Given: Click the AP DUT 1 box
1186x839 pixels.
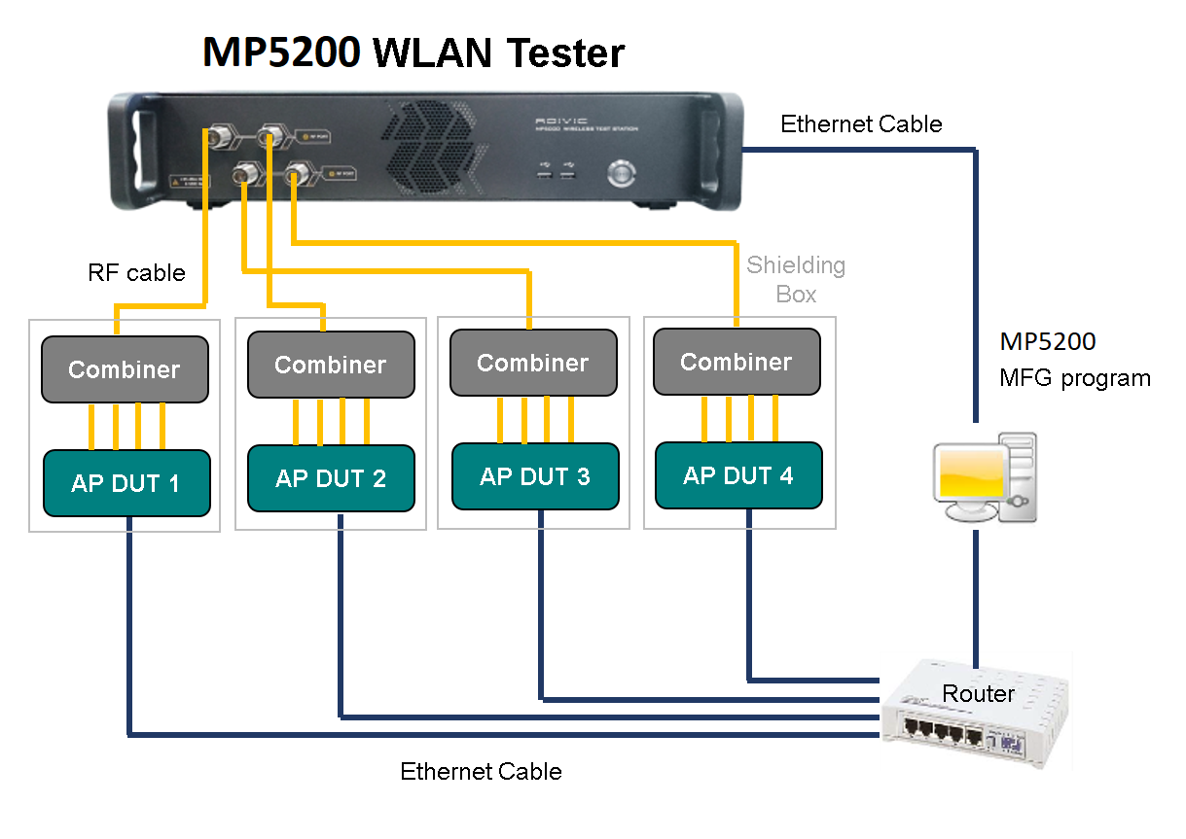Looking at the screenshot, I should (126, 482).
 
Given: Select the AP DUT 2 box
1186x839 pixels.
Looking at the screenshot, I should (331, 477).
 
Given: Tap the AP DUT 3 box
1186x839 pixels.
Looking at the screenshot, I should (535, 476).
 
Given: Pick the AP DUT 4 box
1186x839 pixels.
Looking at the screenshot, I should (738, 475).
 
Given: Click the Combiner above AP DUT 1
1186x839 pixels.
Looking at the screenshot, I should (125, 369).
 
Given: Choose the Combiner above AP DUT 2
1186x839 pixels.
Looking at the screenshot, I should (331, 365).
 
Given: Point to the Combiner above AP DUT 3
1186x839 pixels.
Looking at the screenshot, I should (533, 363).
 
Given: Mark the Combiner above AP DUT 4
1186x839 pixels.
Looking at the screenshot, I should (737, 362).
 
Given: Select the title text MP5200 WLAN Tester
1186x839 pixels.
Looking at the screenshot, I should (413, 52).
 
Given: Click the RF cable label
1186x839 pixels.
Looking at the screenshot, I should (136, 273).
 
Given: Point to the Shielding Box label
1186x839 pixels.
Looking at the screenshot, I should (796, 279).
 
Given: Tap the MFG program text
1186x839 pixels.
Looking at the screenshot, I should (1075, 378).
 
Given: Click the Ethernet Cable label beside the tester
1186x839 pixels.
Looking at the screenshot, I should (861, 124).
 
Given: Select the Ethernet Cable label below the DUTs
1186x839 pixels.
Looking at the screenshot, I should (481, 772).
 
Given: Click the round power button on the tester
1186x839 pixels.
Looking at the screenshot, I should (621, 173).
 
